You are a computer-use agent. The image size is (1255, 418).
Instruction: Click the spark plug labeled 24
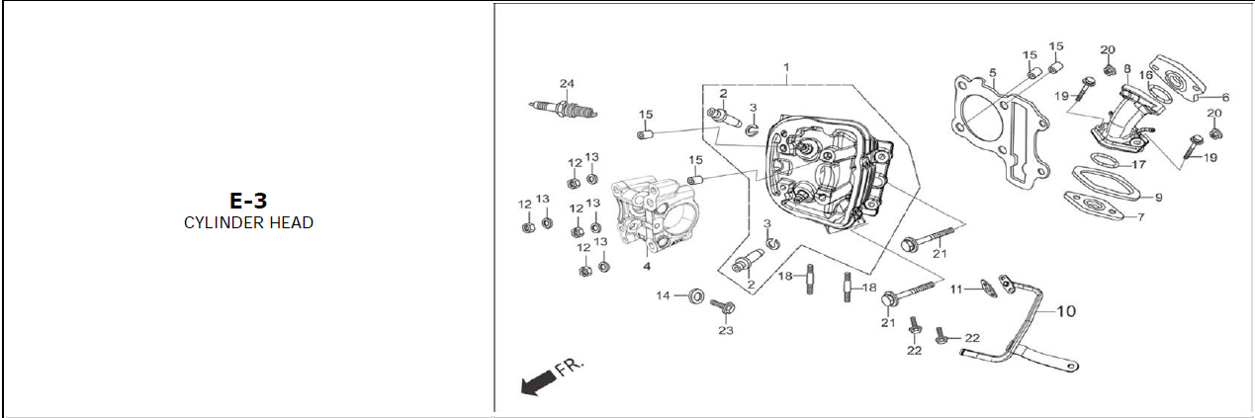coord(563,109)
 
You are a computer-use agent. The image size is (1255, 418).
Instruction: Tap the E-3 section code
coord(248,201)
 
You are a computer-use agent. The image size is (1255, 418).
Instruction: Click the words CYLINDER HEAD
coord(248,222)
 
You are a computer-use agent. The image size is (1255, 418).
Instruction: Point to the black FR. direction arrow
coord(538,383)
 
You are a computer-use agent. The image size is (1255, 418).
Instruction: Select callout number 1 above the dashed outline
coord(786,67)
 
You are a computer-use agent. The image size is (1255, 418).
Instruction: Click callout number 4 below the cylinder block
coord(647,267)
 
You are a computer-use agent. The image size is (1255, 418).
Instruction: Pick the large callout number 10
coord(1066,311)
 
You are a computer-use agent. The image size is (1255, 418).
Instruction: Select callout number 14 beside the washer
coord(663,294)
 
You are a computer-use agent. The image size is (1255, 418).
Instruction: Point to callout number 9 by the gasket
coord(1159,197)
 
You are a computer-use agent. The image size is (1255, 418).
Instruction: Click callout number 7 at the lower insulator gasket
coord(1140,216)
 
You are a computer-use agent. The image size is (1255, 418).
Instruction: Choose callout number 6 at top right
coord(1225,98)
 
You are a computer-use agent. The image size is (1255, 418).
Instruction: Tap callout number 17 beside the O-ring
coord(1138,164)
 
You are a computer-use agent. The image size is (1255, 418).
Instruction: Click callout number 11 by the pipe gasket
coord(955,289)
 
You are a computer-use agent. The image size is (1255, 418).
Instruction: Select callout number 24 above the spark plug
coord(567,83)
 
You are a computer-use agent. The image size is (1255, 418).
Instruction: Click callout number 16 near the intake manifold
coord(1146,75)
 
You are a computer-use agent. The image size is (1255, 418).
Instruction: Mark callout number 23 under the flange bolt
coord(726,330)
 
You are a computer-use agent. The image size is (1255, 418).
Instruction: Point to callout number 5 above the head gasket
coord(993,73)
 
